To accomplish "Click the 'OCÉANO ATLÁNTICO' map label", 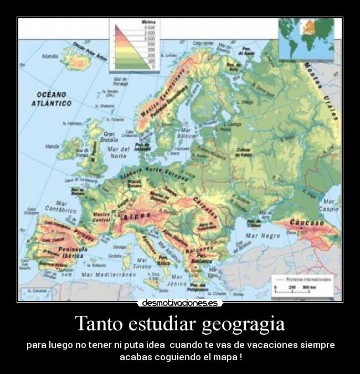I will coord(51,98).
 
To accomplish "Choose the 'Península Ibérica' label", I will coord(55,253).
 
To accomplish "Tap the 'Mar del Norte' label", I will coord(118,153).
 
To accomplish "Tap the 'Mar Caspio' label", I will coord(331,205).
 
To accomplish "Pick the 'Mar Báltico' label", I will coord(187,133).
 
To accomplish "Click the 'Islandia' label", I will coord(50,56).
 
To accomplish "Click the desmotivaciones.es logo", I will coord(180,303).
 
